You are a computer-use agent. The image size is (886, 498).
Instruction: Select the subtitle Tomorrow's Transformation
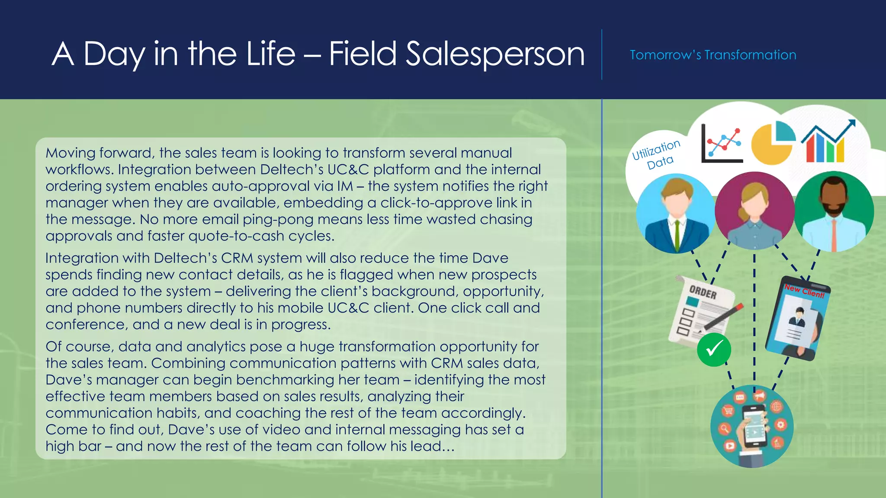tap(713, 55)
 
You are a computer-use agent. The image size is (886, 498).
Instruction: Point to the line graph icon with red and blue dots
tap(722, 144)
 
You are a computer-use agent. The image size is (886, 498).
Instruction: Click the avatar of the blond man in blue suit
tap(675, 213)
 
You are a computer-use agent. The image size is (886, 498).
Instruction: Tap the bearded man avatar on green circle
tap(833, 211)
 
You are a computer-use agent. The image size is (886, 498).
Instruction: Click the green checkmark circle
tap(714, 349)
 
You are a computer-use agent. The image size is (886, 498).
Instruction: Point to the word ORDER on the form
tap(703, 293)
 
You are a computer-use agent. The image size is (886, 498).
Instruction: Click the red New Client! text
tap(805, 291)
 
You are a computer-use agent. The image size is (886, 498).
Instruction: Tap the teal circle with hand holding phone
tap(751, 426)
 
